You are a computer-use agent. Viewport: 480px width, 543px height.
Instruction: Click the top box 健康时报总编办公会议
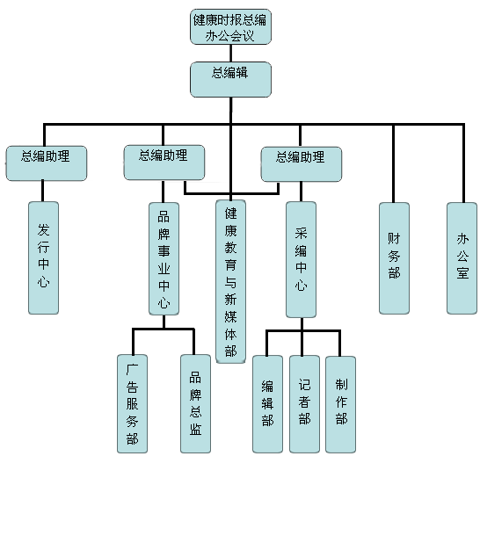coord(230,26)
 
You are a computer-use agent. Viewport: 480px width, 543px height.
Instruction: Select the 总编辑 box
coord(230,79)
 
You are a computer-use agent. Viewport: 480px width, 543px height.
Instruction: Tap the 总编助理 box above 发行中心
coord(46,163)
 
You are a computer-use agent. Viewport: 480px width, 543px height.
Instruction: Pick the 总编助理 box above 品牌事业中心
coord(164,163)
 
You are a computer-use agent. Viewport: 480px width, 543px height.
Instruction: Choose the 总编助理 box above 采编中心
coord(302,164)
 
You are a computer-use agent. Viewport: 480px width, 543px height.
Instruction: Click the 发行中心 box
coord(43,258)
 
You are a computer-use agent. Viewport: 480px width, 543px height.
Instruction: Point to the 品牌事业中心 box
coord(164,258)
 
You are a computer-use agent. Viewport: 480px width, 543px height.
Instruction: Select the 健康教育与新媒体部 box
coord(230,281)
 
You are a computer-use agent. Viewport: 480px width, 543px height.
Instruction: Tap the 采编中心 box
coord(301,260)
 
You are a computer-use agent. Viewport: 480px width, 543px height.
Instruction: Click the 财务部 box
coord(394,258)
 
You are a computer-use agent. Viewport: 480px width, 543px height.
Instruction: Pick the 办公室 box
coord(462,258)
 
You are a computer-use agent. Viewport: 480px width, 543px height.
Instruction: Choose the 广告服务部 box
coord(132,403)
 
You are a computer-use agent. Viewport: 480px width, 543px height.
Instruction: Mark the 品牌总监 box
coord(195,403)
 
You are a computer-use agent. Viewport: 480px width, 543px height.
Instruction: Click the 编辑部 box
coord(267,404)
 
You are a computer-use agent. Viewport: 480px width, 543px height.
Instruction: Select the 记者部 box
coord(304,404)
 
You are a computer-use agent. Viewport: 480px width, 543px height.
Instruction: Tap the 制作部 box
coord(340,404)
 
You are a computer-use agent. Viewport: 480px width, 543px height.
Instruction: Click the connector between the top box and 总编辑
coord(231,54)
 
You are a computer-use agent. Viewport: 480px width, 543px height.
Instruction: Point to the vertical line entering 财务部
coord(393,163)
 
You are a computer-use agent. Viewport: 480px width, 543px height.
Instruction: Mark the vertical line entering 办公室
coord(463,163)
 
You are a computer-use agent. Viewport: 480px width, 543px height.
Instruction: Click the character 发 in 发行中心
coord(43,230)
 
